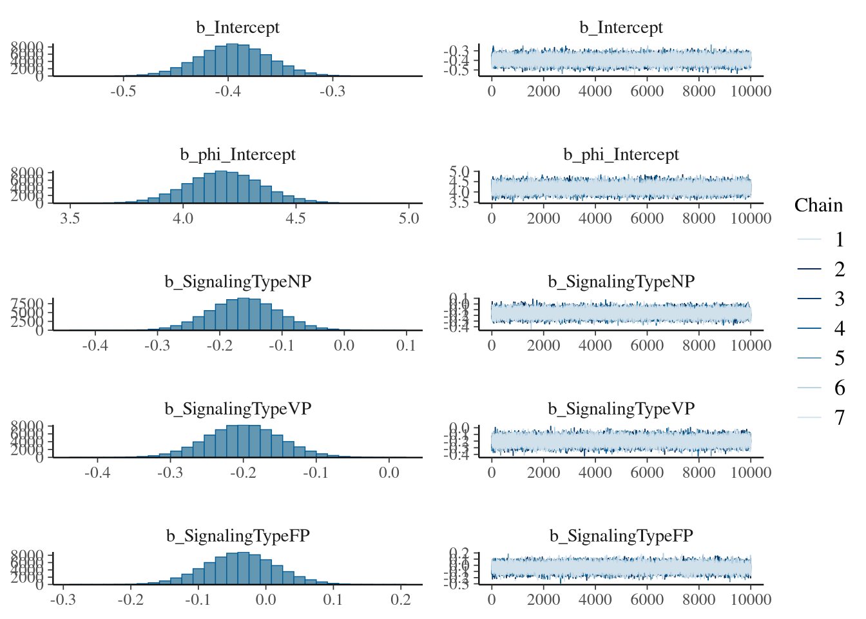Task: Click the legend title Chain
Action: click(818, 205)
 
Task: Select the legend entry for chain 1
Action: click(839, 240)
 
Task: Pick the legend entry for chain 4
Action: click(839, 329)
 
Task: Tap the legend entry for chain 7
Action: click(839, 418)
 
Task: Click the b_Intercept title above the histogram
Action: click(238, 27)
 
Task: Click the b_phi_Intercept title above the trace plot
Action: click(621, 155)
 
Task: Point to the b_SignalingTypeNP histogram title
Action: click(238, 282)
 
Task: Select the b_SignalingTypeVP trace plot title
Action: click(621, 409)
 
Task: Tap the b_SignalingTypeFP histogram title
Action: click(238, 536)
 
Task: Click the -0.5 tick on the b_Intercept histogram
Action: click(123, 91)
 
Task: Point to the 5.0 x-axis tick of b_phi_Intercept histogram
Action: click(409, 219)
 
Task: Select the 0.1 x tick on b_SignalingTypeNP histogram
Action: click(406, 346)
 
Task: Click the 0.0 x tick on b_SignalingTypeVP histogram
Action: click(389, 473)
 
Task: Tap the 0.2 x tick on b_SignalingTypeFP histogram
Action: click(400, 600)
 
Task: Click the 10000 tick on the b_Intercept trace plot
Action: click(751, 91)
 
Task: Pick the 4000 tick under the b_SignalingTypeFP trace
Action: click(595, 600)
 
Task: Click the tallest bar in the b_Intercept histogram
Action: click(233, 60)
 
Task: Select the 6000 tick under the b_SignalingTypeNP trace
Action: click(647, 346)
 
